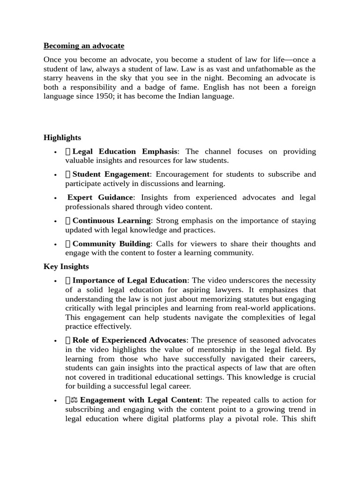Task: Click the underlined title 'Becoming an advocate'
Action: point(84,46)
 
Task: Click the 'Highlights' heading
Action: point(62,137)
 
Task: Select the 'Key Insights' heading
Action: point(66,266)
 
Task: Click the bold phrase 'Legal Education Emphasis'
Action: point(125,151)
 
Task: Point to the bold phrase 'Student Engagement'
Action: point(111,174)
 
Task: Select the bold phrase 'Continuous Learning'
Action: point(112,220)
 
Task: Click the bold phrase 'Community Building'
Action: point(111,244)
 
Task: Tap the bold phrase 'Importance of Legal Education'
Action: point(129,280)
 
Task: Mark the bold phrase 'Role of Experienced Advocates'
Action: point(129,340)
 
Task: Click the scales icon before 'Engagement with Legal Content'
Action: point(74,400)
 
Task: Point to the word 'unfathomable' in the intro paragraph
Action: point(262,69)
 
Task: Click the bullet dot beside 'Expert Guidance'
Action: point(55,198)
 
